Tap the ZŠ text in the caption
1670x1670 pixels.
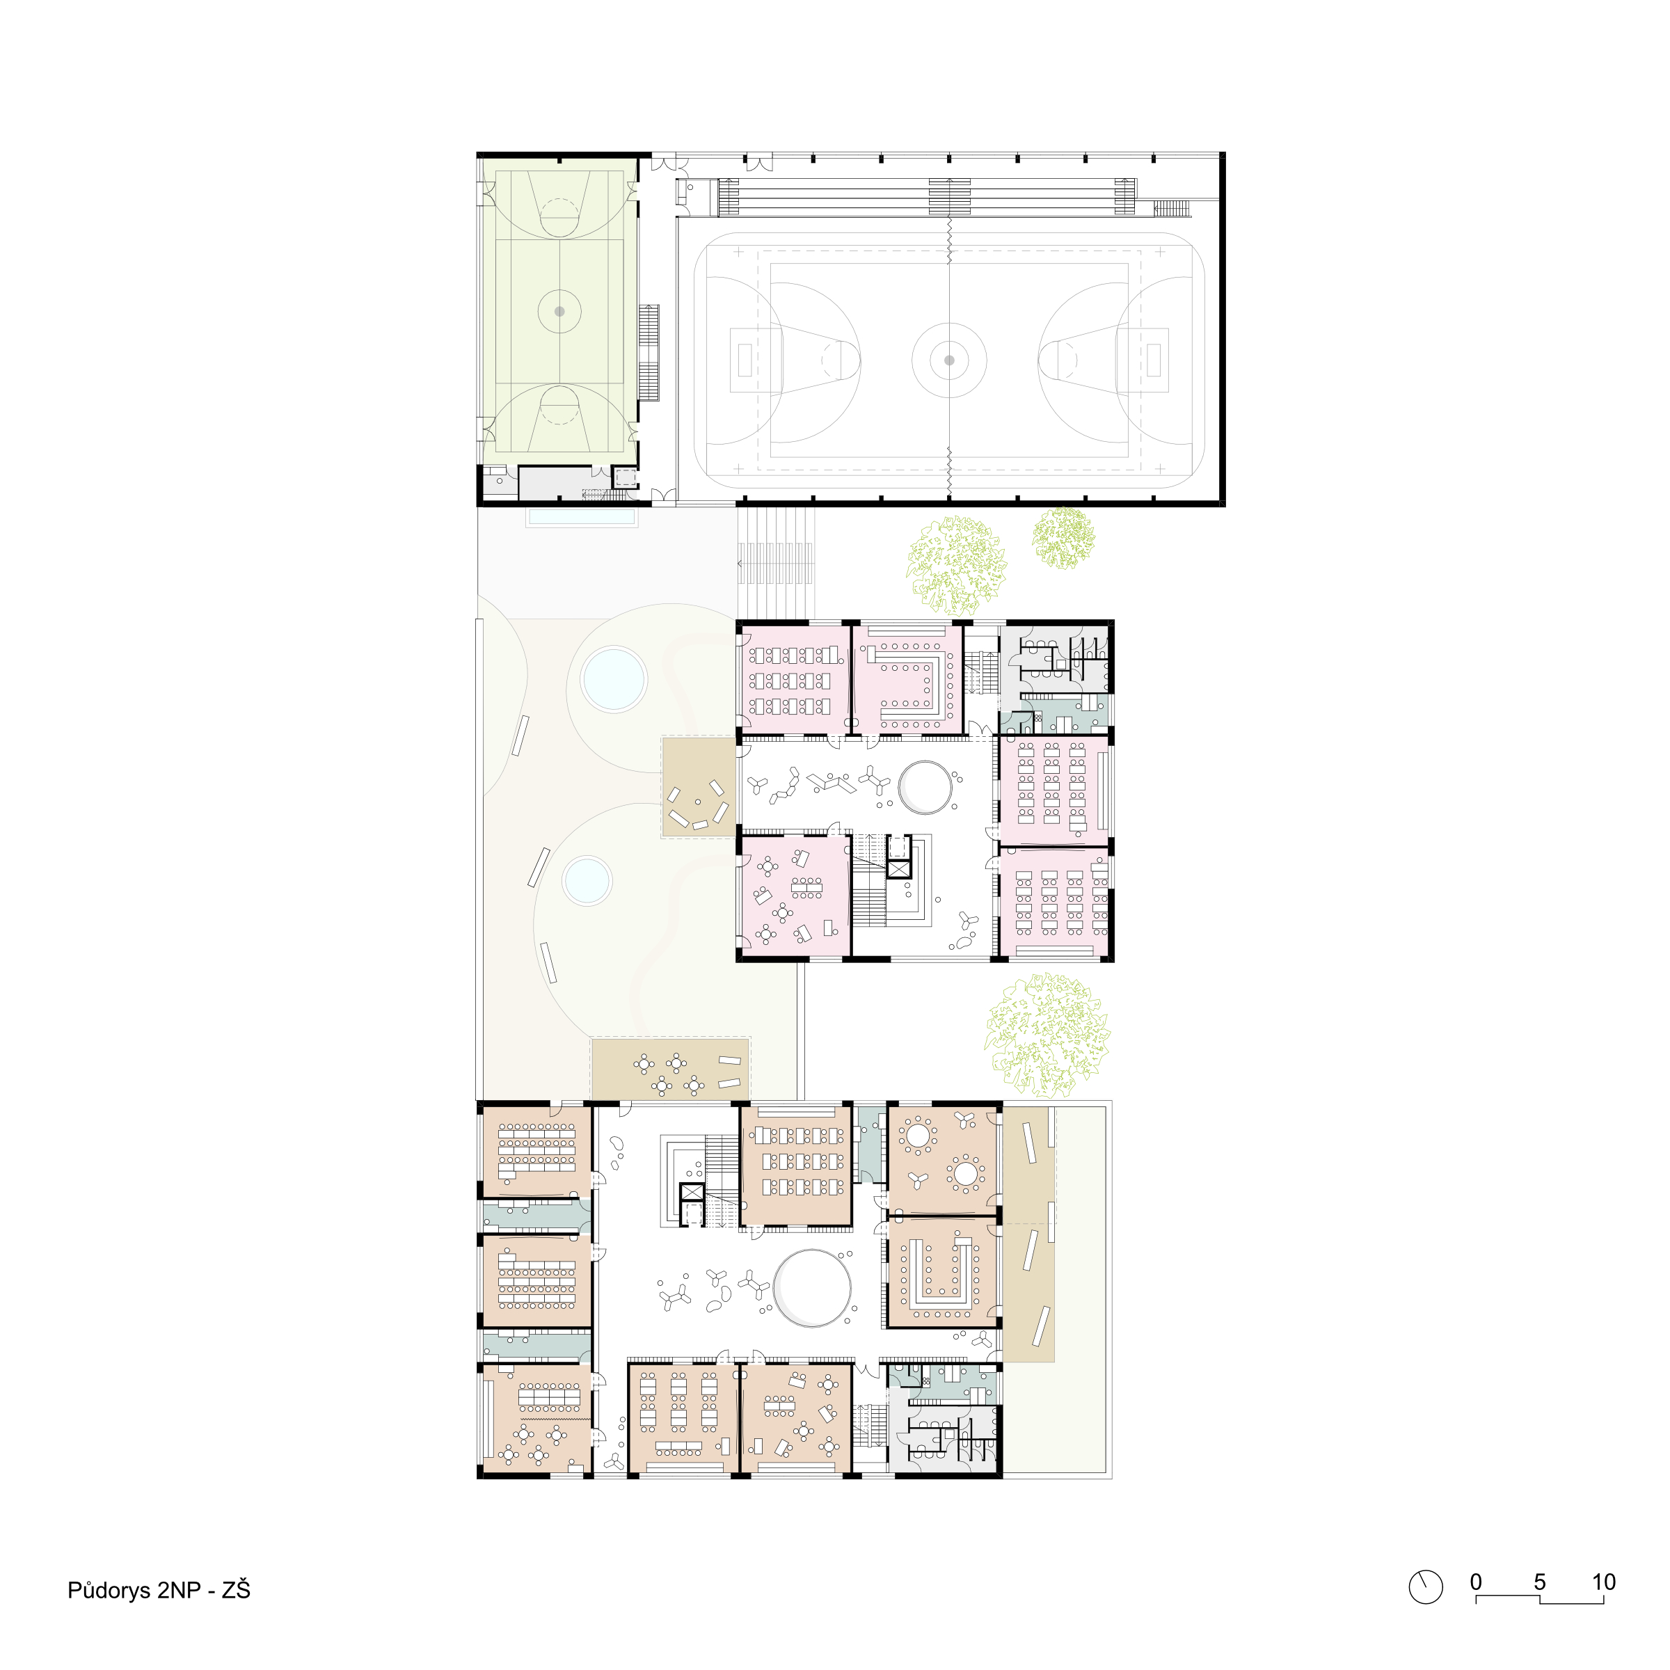(236, 1589)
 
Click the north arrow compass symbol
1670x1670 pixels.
(1425, 1587)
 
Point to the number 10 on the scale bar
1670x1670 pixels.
(1603, 1582)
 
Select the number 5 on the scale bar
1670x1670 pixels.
(1539, 1582)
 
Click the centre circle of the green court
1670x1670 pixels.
(559, 311)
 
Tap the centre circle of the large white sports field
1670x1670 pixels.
(949, 360)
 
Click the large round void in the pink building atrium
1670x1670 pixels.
(925, 786)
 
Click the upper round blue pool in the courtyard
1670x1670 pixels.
(614, 678)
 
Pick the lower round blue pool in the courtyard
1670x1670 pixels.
(587, 881)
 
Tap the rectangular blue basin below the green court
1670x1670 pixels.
(582, 517)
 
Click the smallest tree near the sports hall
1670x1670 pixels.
(1063, 538)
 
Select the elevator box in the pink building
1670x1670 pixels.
(899, 870)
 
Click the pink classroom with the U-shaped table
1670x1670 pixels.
(907, 679)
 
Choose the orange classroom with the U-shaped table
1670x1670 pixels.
(942, 1273)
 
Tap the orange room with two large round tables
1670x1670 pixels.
(942, 1160)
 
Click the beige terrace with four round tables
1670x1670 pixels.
(670, 1069)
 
